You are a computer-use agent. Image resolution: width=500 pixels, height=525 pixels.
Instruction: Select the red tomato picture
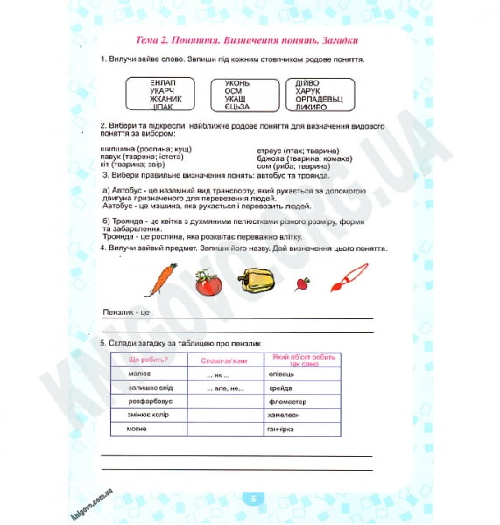208,283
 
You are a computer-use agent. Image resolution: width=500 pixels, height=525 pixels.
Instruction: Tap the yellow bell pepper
255,282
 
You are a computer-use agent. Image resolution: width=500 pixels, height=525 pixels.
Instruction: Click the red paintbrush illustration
348,279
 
